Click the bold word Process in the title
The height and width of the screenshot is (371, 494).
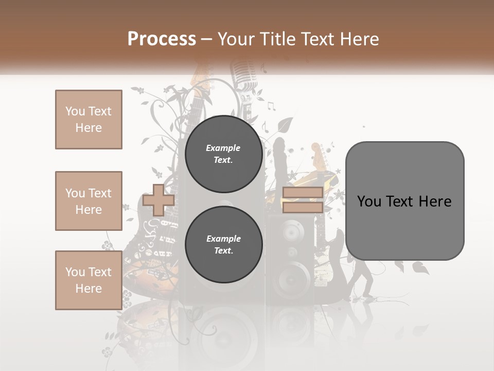click(x=162, y=39)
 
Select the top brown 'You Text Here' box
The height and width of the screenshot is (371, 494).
click(x=89, y=120)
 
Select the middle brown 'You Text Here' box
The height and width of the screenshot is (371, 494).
click(x=89, y=201)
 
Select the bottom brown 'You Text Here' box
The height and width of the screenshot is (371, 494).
click(x=89, y=280)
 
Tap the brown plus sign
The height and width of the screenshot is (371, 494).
click(x=158, y=200)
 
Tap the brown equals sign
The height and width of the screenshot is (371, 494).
click(x=303, y=200)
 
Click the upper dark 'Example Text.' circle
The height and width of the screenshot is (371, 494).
click(x=223, y=154)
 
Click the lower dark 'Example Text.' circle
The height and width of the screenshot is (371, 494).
click(x=223, y=244)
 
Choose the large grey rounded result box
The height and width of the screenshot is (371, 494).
click(x=404, y=201)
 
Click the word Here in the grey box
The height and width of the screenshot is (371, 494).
click(x=435, y=201)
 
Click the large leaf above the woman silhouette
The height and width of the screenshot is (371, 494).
click(x=285, y=125)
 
